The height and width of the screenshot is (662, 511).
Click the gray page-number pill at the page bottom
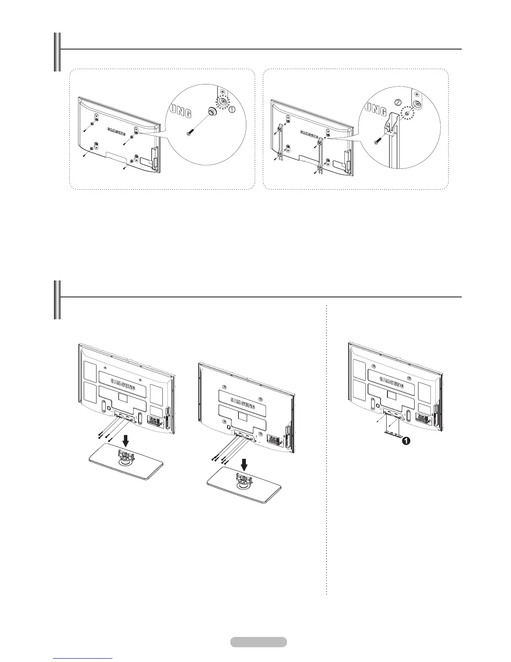(258, 642)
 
